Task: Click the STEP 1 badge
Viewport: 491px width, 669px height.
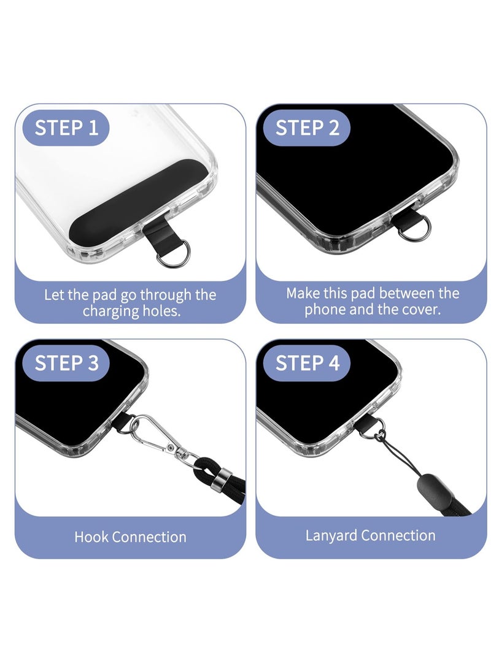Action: (x=66, y=128)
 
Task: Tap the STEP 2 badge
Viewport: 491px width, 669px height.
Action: (x=307, y=128)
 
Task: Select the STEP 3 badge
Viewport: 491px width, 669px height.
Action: (x=66, y=363)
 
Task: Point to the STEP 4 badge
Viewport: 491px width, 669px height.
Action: (x=307, y=363)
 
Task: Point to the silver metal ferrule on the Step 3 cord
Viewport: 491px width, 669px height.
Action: (x=222, y=477)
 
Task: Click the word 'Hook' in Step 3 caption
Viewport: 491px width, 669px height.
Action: (x=91, y=537)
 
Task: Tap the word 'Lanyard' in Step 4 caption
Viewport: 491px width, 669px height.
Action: (x=331, y=535)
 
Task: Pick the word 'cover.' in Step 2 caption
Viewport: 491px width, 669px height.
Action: (x=420, y=310)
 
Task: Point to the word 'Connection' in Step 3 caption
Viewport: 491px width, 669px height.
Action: (x=149, y=537)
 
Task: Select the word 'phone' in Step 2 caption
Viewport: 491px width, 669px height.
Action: (x=326, y=310)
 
